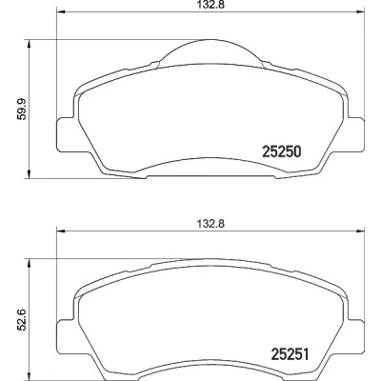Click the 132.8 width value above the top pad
pyautogui.click(x=211, y=5)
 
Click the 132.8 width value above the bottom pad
pyautogui.click(x=211, y=224)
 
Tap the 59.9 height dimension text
pyautogui.click(x=22, y=109)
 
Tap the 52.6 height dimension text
pyautogui.click(x=21, y=319)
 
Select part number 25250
pyautogui.click(x=282, y=151)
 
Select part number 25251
pyautogui.click(x=290, y=354)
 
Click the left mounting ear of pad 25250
pyautogui.click(x=67, y=134)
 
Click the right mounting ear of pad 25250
pyautogui.click(x=354, y=134)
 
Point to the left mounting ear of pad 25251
pyautogui.click(x=67, y=336)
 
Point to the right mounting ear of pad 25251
pyautogui.click(x=354, y=336)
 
